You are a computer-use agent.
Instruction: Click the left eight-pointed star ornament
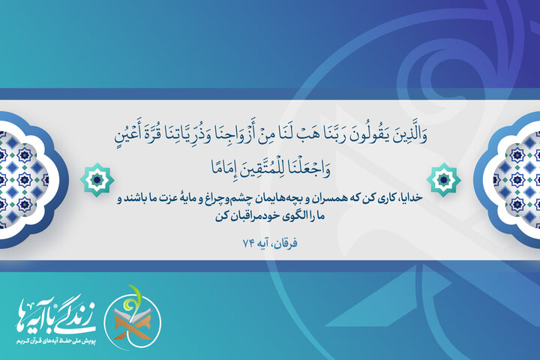tap(97, 177)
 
